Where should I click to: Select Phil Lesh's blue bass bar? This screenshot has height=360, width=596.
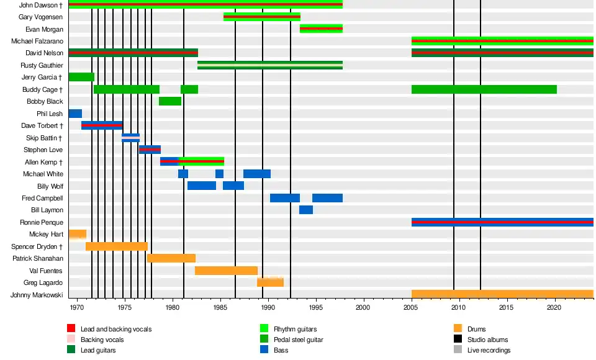(75, 114)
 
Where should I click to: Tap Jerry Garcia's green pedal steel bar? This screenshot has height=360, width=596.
(81, 77)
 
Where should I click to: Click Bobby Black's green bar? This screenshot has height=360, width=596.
(170, 101)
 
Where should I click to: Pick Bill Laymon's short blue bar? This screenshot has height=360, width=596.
(306, 210)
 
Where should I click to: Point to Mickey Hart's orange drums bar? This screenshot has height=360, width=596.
(78, 234)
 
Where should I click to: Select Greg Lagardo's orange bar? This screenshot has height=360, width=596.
(270, 282)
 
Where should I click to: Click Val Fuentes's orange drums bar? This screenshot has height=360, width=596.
(226, 271)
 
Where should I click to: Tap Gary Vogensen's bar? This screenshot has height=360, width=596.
(261, 17)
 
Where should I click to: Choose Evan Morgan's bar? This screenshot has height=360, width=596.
(321, 29)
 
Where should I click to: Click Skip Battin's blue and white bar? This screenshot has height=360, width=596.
(130, 138)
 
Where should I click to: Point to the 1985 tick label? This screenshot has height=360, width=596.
(220, 307)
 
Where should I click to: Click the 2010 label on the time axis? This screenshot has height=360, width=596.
(459, 307)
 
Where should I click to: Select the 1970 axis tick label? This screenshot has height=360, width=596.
(77, 307)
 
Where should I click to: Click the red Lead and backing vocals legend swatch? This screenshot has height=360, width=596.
(71, 329)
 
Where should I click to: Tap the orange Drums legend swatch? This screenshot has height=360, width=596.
(458, 329)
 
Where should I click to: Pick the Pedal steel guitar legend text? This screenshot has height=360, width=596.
(298, 340)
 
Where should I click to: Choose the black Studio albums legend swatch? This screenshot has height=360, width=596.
(458, 340)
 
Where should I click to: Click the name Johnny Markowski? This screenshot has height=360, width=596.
(37, 295)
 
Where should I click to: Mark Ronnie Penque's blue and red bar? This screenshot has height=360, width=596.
(502, 222)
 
